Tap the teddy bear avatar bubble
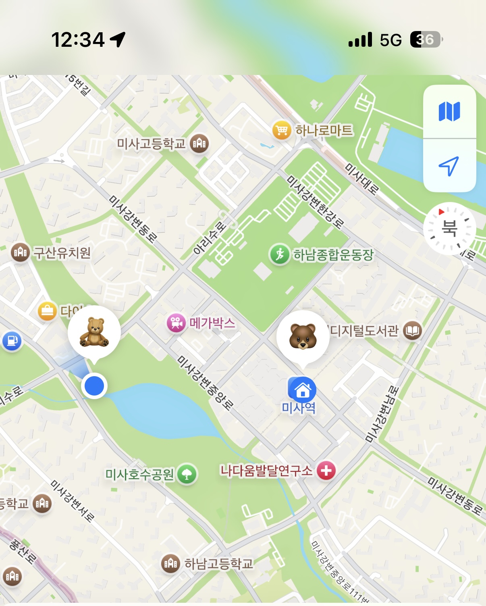pyautogui.click(x=94, y=332)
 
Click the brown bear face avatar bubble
pyautogui.click(x=303, y=337)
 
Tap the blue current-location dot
pyautogui.click(x=94, y=385)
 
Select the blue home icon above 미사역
pyautogui.click(x=302, y=389)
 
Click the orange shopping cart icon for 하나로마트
pyautogui.click(x=282, y=130)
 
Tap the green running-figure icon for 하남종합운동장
pyautogui.click(x=280, y=254)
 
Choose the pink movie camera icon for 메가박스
pyautogui.click(x=176, y=323)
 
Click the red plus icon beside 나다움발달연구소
pyautogui.click(x=326, y=471)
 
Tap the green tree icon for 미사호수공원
pyautogui.click(x=187, y=474)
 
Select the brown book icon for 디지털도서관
pyautogui.click(x=412, y=331)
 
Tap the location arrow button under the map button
pyautogui.click(x=449, y=166)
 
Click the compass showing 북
pyautogui.click(x=449, y=228)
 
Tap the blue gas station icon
pyautogui.click(x=12, y=341)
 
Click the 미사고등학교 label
pyautogui.click(x=151, y=143)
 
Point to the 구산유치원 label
pyautogui.click(x=62, y=253)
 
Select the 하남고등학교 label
pyautogui.click(x=218, y=563)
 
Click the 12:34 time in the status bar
pyautogui.click(x=78, y=40)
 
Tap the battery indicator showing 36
pyautogui.click(x=426, y=40)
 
